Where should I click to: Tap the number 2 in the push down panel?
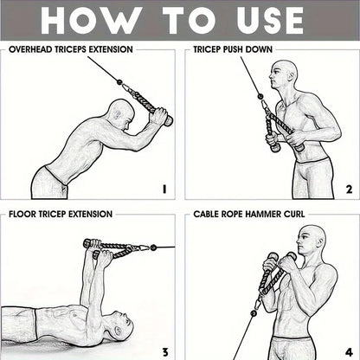(x=348, y=189)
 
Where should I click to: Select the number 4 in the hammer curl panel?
(x=348, y=350)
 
